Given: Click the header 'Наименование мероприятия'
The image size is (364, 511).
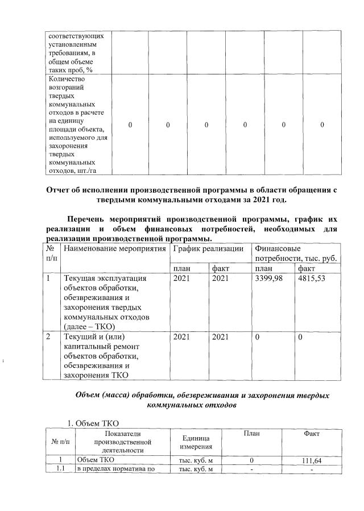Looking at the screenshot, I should click(x=113, y=249).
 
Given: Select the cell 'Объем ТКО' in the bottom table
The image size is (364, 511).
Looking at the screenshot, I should click(x=96, y=460).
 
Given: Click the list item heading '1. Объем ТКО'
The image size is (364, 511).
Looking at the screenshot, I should click(x=93, y=422).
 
